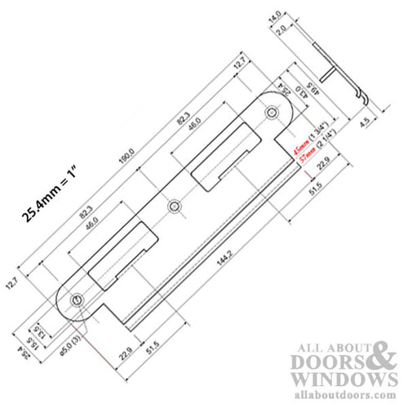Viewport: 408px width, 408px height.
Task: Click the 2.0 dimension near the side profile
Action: click(x=279, y=30)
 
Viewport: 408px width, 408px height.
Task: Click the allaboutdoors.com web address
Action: click(x=343, y=395)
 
